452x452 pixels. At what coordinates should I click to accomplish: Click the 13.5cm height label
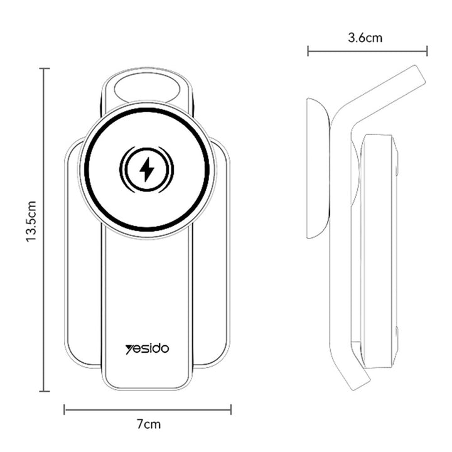pyautogui.click(x=31, y=222)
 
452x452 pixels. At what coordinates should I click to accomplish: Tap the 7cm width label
pyautogui.click(x=148, y=424)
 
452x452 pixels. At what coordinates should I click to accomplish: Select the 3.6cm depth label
pyautogui.click(x=365, y=38)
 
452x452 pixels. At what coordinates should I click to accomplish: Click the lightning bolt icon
pyautogui.click(x=147, y=169)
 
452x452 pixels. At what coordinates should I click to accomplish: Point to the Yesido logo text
pyautogui.click(x=147, y=349)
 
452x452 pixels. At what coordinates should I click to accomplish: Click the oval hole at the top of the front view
pyautogui.click(x=146, y=88)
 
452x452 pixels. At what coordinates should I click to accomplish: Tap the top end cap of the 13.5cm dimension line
pyautogui.click(x=45, y=68)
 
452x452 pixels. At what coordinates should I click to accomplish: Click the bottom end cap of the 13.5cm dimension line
pyautogui.click(x=45, y=391)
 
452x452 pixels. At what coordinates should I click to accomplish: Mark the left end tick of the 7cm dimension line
pyautogui.click(x=64, y=409)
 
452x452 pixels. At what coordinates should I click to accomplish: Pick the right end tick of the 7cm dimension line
pyautogui.click(x=231, y=409)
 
